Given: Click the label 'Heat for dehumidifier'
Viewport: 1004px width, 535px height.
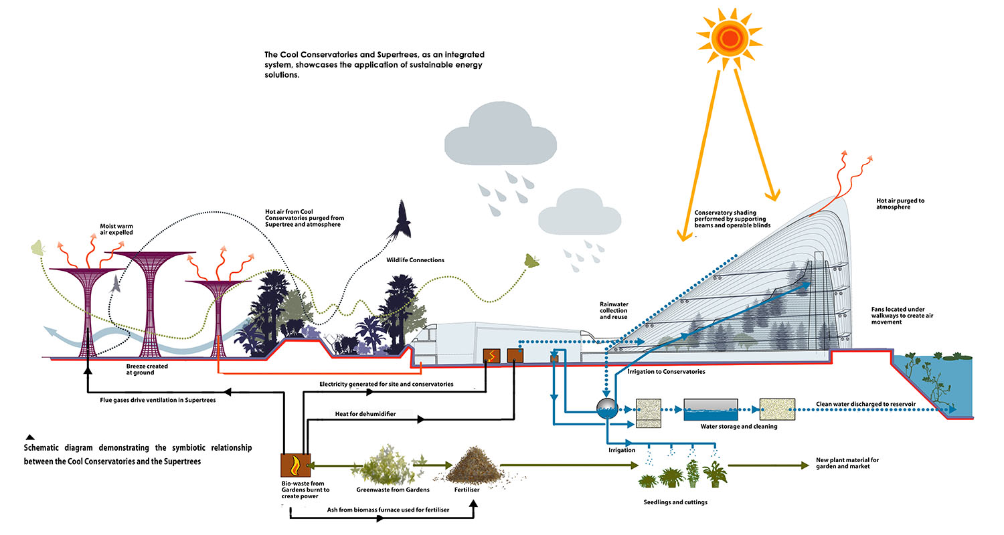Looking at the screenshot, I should click(365, 415).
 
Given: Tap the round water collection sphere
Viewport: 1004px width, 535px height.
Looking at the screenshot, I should click(607, 408).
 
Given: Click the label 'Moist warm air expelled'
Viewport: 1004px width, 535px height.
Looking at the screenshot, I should click(117, 229).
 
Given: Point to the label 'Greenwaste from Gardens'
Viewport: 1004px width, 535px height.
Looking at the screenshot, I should click(393, 490).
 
